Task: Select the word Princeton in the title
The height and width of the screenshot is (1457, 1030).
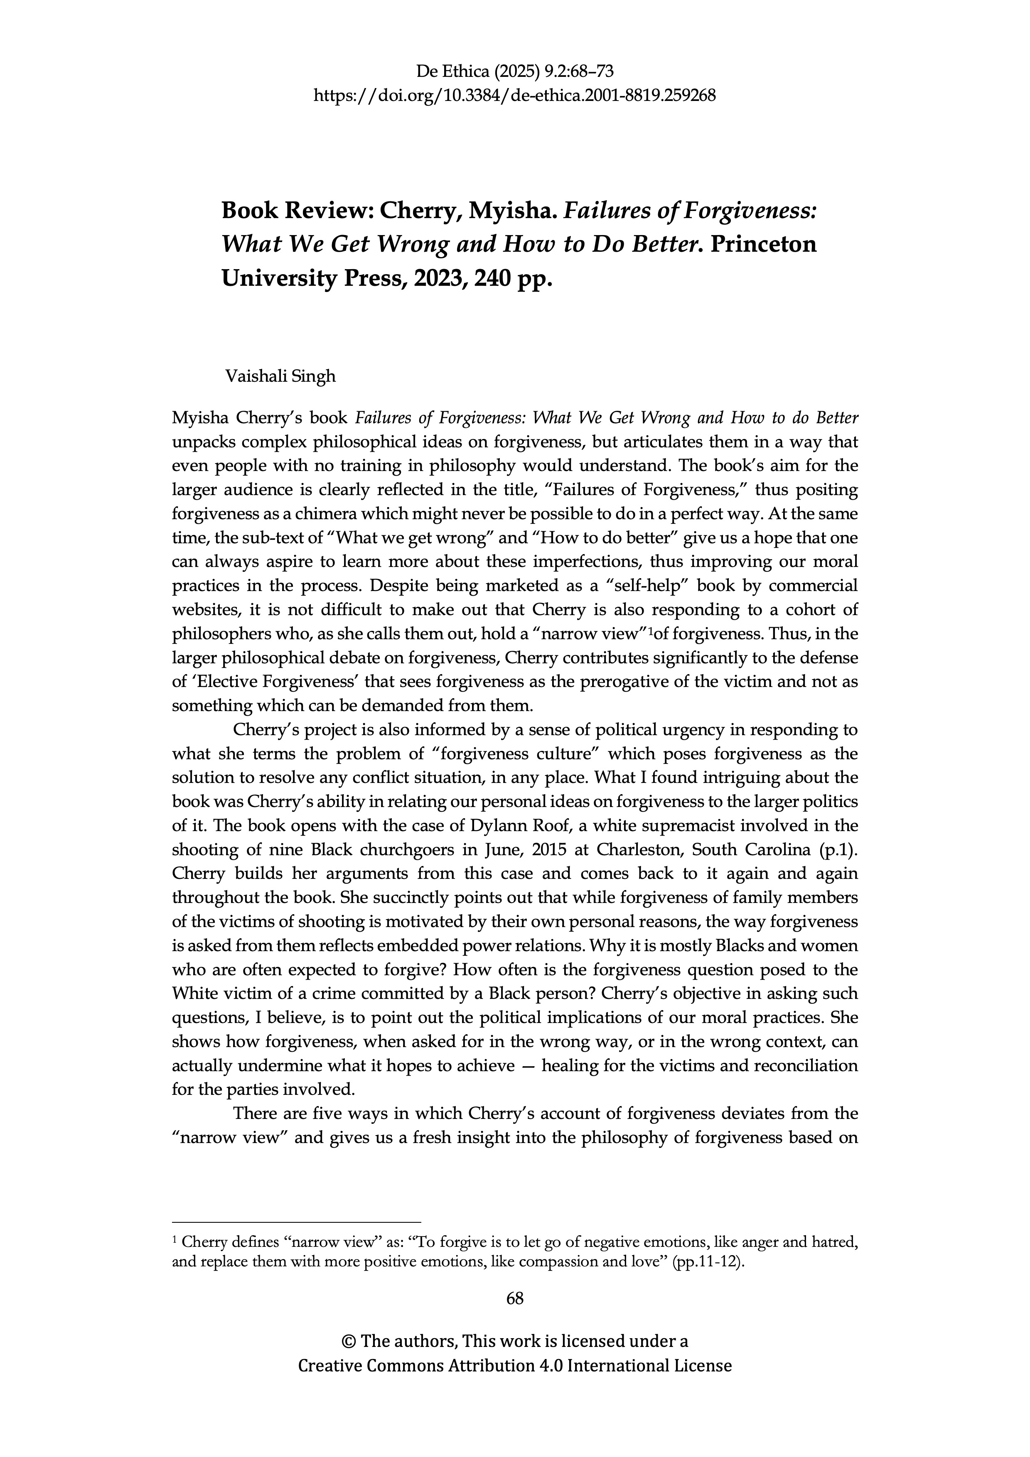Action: (x=764, y=244)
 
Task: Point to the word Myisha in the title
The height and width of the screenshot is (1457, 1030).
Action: (x=511, y=210)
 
